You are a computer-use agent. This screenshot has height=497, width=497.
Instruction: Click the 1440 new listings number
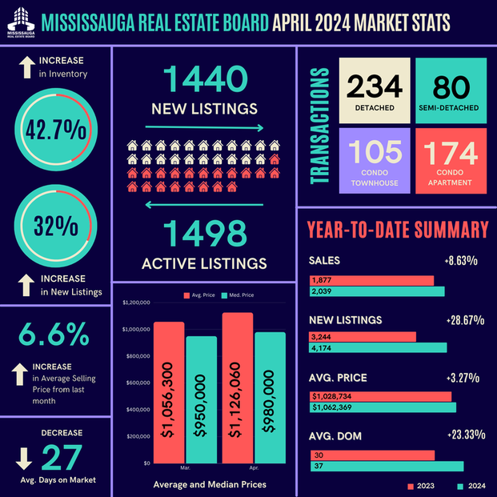(x=204, y=80)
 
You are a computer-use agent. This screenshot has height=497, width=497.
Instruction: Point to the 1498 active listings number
(x=204, y=233)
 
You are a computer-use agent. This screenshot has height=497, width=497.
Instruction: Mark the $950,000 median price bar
(x=202, y=399)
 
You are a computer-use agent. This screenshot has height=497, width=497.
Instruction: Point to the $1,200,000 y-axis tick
(x=138, y=303)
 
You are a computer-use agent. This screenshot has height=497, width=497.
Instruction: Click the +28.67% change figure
(x=464, y=320)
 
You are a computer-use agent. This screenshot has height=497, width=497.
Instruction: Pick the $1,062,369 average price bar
(x=383, y=407)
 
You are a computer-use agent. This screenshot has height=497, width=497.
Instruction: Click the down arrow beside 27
(x=24, y=457)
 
